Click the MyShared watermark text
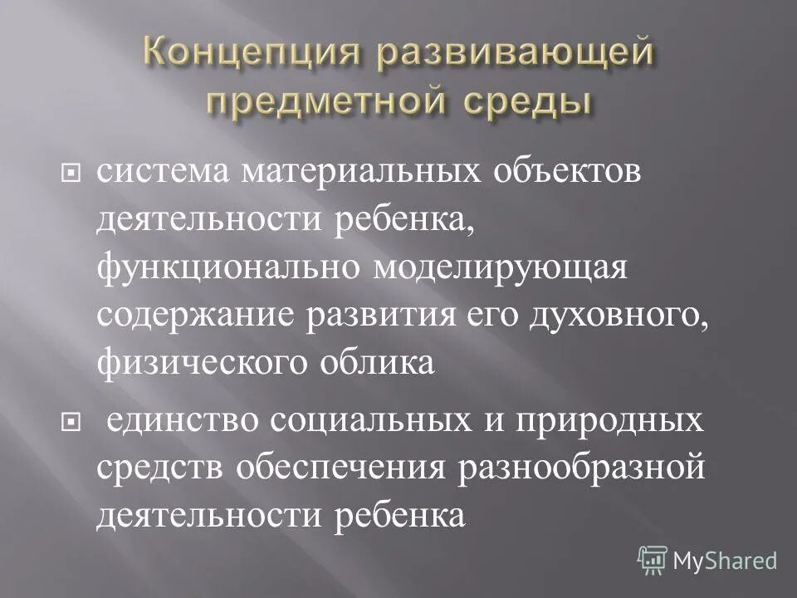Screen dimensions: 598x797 coord(724,561)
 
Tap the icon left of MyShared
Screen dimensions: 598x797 coord(652,561)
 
